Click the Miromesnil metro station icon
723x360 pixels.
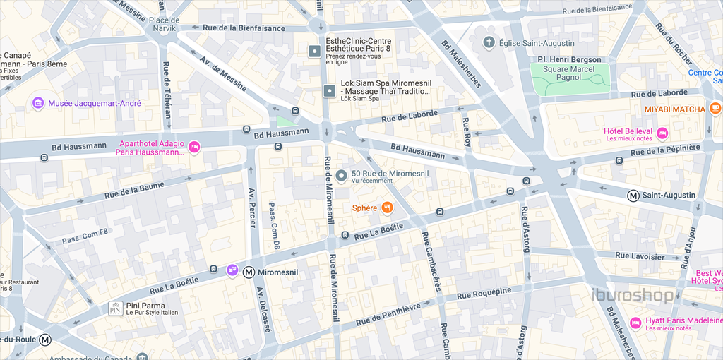pyautogui.click(x=249, y=272)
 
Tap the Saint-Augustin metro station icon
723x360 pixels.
pyautogui.click(x=634, y=196)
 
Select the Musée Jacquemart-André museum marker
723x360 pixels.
pyautogui.click(x=38, y=104)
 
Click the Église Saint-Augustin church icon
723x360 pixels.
pyautogui.click(x=488, y=43)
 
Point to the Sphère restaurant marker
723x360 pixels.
pyautogui.click(x=387, y=208)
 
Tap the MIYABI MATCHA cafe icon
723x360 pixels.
pyautogui.click(x=715, y=109)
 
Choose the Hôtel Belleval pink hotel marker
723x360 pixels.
pyautogui.click(x=662, y=133)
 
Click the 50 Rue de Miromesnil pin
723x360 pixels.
pyautogui.click(x=340, y=176)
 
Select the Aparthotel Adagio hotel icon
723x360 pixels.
pyautogui.click(x=194, y=147)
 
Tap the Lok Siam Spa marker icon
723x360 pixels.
pyautogui.click(x=329, y=90)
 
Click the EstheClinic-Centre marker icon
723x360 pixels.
pyautogui.click(x=314, y=51)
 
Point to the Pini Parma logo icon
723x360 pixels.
pyautogui.click(x=116, y=308)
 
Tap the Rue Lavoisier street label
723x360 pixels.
pyautogui.click(x=640, y=256)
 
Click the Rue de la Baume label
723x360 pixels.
pyautogui.click(x=133, y=189)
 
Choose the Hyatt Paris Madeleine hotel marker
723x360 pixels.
pyautogui.click(x=635, y=323)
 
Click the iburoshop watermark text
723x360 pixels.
pyautogui.click(x=632, y=296)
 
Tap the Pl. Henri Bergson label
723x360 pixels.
pyautogui.click(x=569, y=59)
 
